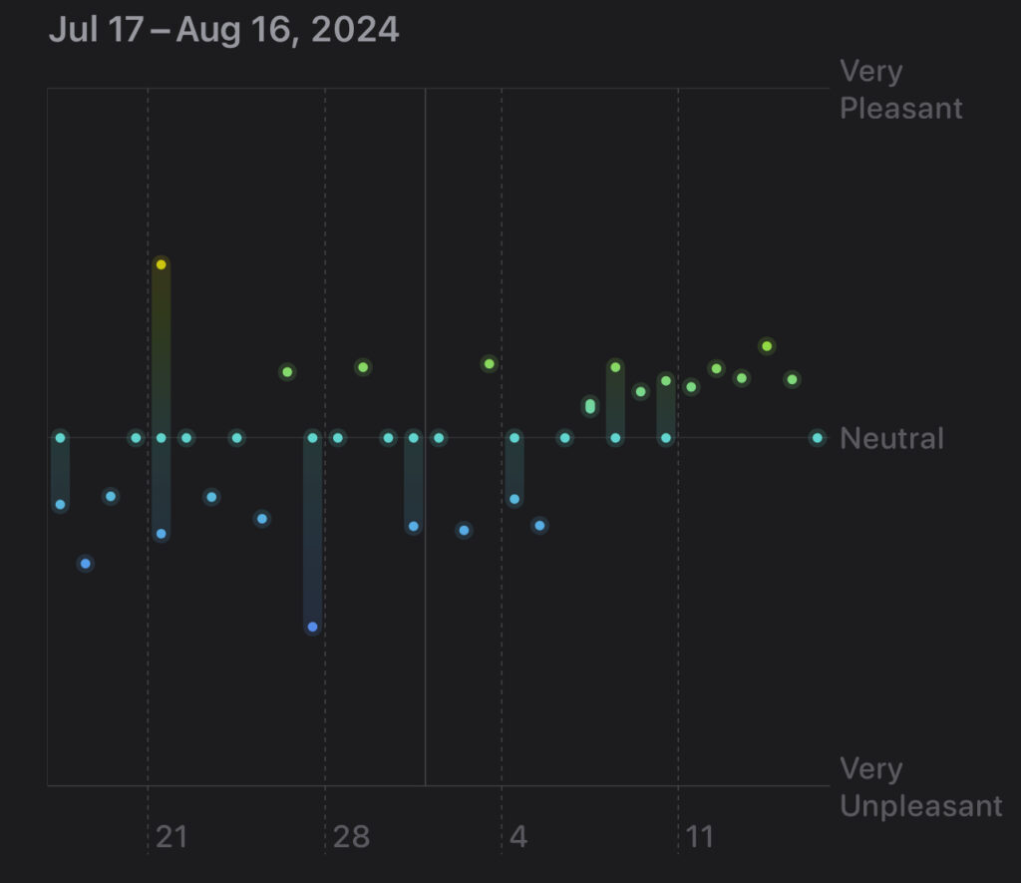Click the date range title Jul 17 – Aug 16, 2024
tap(223, 30)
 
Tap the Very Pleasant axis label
tap(900, 90)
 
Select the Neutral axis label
tap(891, 438)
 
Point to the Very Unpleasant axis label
tap(920, 787)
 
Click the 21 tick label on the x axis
tap(171, 836)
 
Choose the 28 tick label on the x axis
tap(351, 836)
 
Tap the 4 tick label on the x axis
tap(517, 836)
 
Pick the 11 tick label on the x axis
tap(700, 836)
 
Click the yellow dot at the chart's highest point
tap(161, 264)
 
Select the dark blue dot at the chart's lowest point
tap(312, 627)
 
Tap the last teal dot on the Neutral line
tap(817, 437)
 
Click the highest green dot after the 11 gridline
tap(767, 346)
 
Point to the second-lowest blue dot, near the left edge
tap(85, 564)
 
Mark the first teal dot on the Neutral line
tap(60, 437)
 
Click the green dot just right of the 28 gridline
tap(363, 367)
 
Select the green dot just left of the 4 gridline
tap(489, 363)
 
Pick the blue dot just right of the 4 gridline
tap(539, 525)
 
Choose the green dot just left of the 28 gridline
tap(287, 372)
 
